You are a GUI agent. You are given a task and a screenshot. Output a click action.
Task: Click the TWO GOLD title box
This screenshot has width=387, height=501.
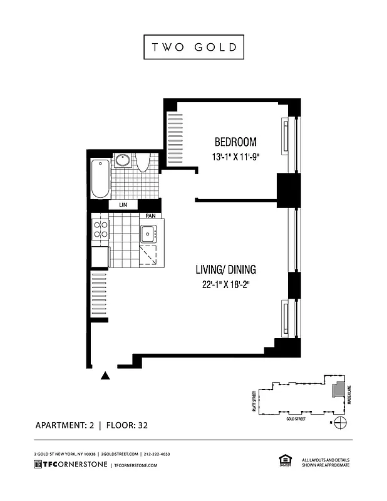(x=194, y=47)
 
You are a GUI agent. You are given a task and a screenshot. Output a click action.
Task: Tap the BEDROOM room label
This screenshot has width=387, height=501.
(x=235, y=142)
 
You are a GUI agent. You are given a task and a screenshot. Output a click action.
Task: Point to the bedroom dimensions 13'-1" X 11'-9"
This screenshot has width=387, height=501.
(x=235, y=158)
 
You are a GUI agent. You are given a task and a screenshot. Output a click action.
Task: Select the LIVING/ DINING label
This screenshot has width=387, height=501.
(x=225, y=271)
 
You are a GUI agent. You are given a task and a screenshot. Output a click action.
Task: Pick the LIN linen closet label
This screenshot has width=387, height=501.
(x=122, y=205)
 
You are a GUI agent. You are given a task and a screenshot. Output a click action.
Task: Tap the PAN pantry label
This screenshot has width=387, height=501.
(x=150, y=216)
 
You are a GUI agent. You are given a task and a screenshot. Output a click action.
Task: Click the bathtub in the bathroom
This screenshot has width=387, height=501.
(x=100, y=179)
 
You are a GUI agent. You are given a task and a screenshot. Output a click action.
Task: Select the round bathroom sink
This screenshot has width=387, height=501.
(x=122, y=161)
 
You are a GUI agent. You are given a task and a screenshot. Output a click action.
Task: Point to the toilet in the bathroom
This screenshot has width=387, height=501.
(x=142, y=163)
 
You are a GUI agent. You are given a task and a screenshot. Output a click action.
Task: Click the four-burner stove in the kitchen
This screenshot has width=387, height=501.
(x=100, y=230)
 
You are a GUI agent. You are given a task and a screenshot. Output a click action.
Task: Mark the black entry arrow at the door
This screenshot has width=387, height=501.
(x=105, y=376)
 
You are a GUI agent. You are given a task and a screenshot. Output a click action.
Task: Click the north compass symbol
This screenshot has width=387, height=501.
(x=340, y=423)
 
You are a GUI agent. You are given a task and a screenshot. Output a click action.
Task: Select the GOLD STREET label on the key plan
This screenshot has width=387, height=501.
(x=295, y=418)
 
